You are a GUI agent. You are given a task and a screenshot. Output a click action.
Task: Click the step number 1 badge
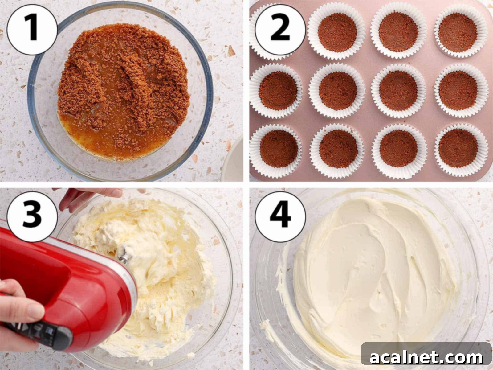pyautogui.click(x=32, y=30)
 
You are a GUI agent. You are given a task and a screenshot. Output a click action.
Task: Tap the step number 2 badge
pyautogui.click(x=280, y=30)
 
